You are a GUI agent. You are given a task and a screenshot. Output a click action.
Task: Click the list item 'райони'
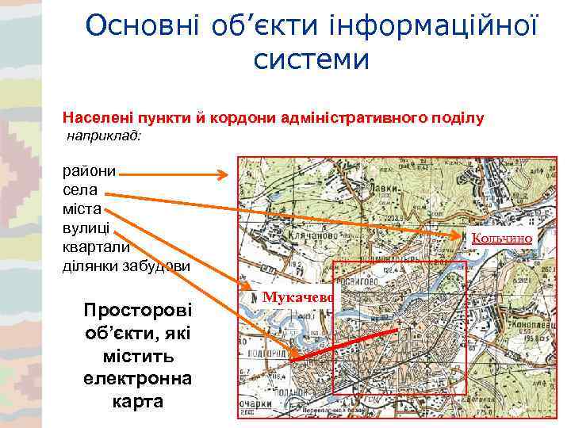(90, 170)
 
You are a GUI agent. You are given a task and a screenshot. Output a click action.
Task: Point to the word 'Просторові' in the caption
(137, 308)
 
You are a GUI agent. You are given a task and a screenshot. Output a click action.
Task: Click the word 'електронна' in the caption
(137, 379)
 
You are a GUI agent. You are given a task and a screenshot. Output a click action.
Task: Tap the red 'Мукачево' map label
(296, 296)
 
